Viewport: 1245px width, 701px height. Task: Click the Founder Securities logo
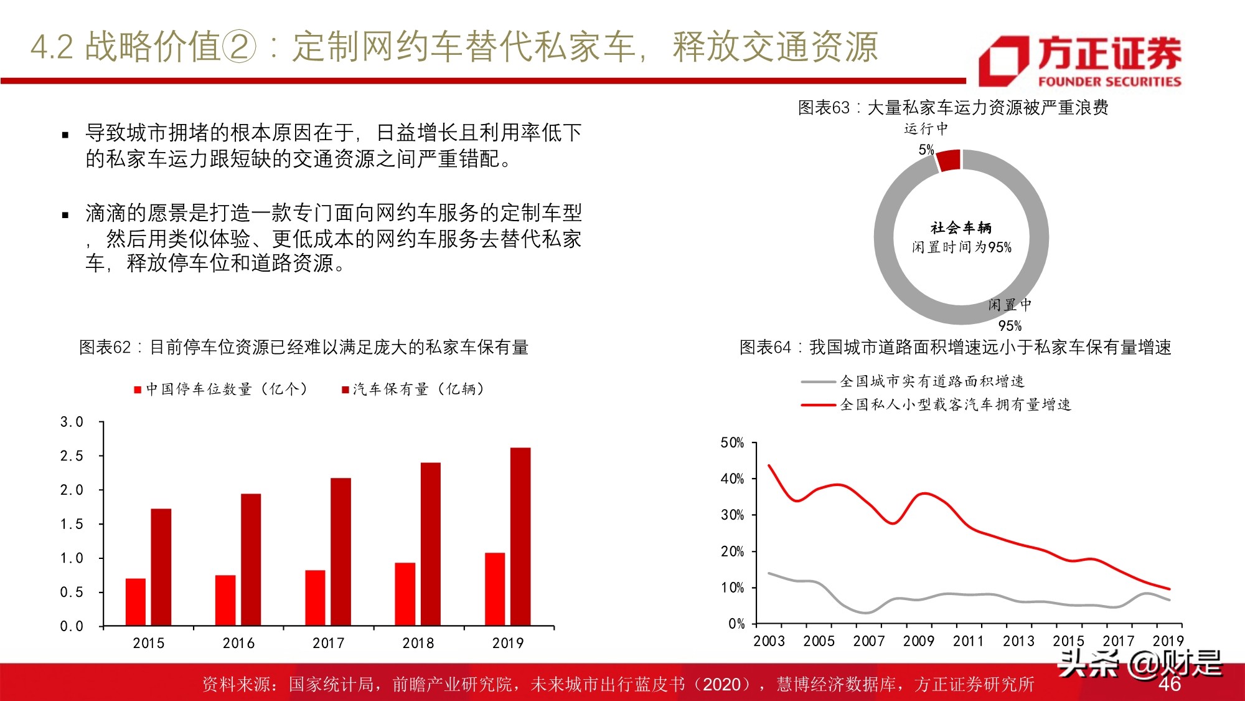tap(1079, 60)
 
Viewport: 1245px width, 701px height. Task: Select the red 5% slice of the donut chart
tap(949, 160)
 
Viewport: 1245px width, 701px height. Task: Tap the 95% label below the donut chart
tap(1010, 326)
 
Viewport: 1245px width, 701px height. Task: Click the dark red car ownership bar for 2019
tap(520, 536)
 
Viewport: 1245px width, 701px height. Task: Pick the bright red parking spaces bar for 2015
tap(136, 601)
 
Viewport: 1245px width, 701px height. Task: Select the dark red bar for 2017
tap(341, 551)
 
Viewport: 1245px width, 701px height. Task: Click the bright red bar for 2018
tap(405, 594)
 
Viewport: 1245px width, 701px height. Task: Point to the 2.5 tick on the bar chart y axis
tap(72, 456)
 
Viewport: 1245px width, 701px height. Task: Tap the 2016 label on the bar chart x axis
tap(238, 643)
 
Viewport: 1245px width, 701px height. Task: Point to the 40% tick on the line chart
tap(732, 479)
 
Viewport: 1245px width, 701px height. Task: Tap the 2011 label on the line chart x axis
tap(968, 641)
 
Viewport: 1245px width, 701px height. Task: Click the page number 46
tap(1169, 684)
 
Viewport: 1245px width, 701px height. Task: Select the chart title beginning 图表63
tap(953, 108)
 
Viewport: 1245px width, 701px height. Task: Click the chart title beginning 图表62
tap(304, 347)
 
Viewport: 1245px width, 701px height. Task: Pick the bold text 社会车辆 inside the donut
tap(961, 228)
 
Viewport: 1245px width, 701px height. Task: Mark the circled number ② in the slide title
tap(238, 47)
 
